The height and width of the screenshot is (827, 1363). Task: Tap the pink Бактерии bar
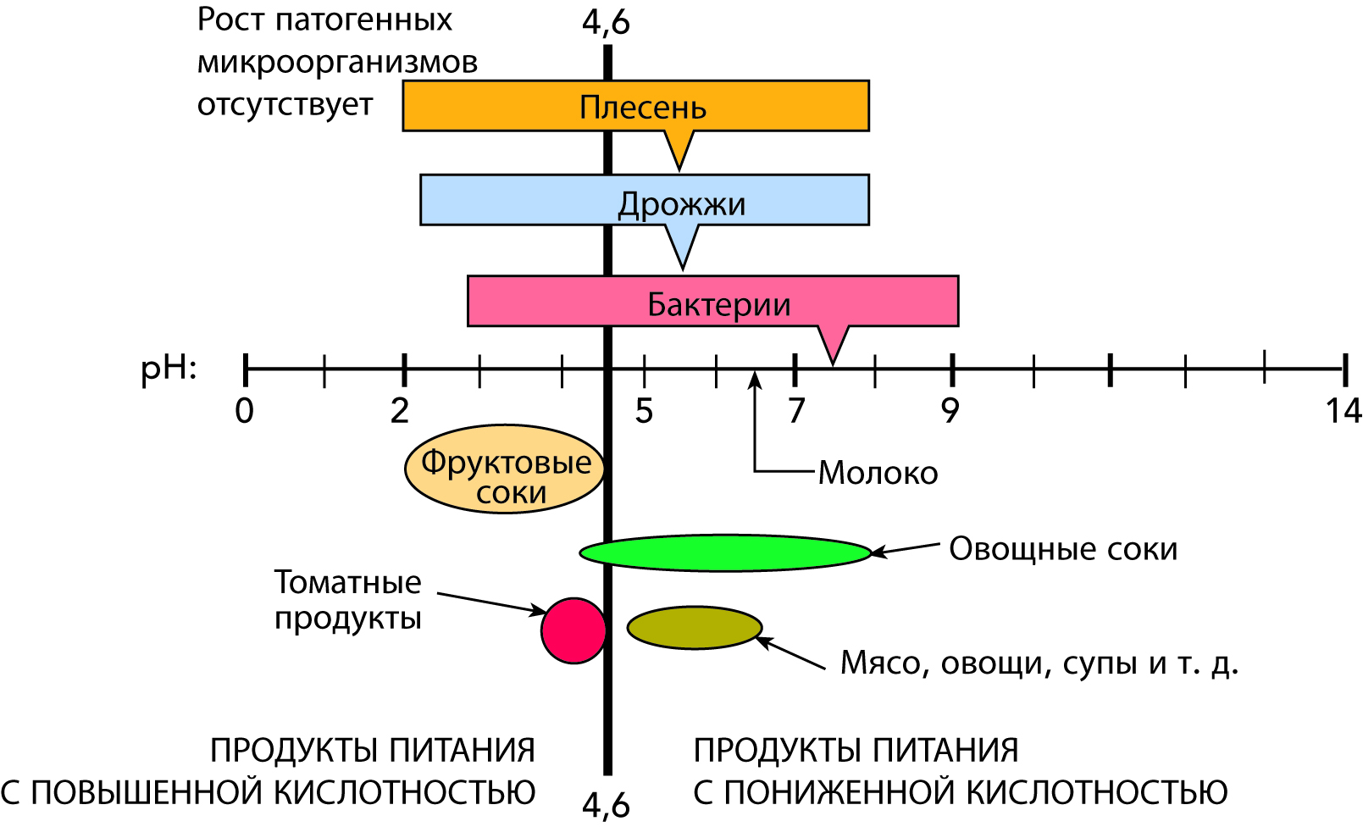point(551,301)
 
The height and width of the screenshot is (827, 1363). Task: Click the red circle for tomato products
point(573,630)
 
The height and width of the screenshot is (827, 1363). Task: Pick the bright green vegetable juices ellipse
point(725,552)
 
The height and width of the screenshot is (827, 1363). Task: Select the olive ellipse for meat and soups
point(694,628)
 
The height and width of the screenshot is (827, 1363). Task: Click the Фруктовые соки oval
point(505,469)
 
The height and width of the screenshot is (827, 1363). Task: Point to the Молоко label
point(878,473)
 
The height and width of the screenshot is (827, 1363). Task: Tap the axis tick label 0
point(244,411)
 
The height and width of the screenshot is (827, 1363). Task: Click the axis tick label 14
point(1343,411)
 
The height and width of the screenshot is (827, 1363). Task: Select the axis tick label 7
point(795,411)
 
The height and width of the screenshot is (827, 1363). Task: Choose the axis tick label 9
point(950,411)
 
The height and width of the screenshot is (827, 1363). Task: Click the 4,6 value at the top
point(606,21)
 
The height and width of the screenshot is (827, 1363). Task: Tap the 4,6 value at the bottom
point(606,805)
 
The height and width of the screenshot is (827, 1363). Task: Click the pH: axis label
point(169,370)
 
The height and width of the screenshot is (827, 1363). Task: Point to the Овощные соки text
point(1063,549)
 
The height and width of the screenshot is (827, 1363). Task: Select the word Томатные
point(347,582)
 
